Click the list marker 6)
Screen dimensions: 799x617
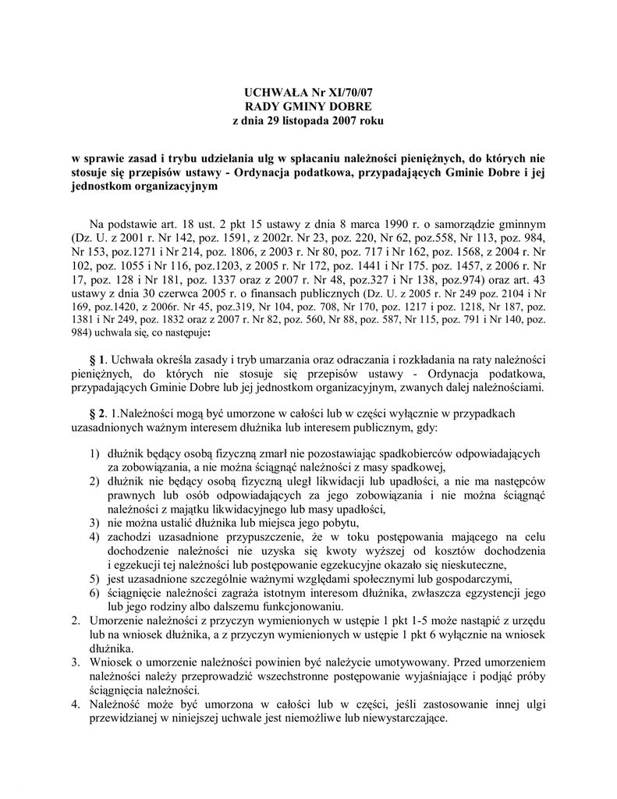tap(94, 594)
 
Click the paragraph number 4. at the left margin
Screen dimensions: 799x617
tap(76, 705)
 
